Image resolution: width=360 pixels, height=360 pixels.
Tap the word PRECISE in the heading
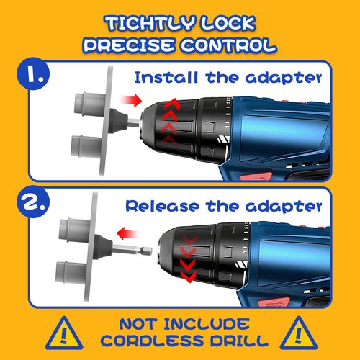(x=129, y=45)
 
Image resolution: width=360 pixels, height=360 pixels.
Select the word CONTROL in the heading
(x=229, y=45)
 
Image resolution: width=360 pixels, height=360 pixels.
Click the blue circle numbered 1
(x=33, y=73)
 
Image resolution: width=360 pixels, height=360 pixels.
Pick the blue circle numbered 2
(x=33, y=202)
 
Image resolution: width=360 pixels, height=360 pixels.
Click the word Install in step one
(x=166, y=78)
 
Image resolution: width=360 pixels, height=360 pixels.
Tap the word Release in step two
(x=162, y=206)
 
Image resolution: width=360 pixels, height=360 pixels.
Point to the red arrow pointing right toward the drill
(x=131, y=100)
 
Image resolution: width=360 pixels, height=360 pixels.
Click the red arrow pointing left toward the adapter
(x=127, y=233)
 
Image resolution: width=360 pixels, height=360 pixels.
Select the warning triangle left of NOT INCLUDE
(x=64, y=334)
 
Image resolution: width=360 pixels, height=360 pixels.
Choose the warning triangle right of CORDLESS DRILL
(x=299, y=334)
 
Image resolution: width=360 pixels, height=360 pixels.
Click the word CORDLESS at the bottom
(x=153, y=341)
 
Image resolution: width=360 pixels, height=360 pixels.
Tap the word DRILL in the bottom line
(x=239, y=341)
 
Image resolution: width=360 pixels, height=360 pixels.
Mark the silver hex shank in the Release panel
(x=132, y=250)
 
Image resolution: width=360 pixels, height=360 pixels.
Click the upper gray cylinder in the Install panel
(x=90, y=104)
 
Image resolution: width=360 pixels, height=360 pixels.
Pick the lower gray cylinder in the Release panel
(x=71, y=273)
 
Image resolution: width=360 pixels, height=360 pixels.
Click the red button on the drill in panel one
(x=256, y=176)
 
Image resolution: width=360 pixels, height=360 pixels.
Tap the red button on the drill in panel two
(x=274, y=302)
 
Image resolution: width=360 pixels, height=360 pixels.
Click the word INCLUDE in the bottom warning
(x=207, y=324)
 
